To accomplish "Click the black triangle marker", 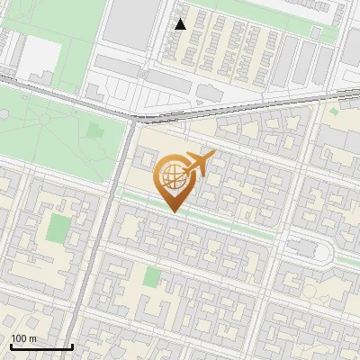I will click(x=181, y=24).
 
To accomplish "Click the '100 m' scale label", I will click(x=23, y=338).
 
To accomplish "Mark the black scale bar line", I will click(x=41, y=347).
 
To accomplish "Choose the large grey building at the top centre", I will click(x=130, y=22).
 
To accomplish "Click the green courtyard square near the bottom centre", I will click(x=152, y=276).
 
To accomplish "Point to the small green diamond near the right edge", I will click(x=334, y=111).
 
